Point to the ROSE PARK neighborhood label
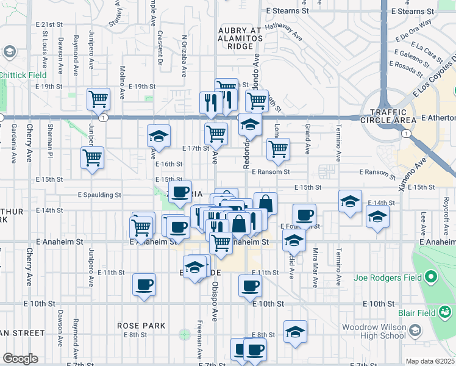pos(141,326)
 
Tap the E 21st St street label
pos(49,24)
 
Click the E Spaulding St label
pos(99,195)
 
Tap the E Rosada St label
pos(407,63)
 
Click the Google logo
pos(20,359)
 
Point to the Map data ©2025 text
pos(430,361)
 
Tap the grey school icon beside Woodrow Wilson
pos(415,331)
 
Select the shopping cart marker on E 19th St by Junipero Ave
pos(98,99)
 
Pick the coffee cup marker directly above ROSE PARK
pos(144,284)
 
